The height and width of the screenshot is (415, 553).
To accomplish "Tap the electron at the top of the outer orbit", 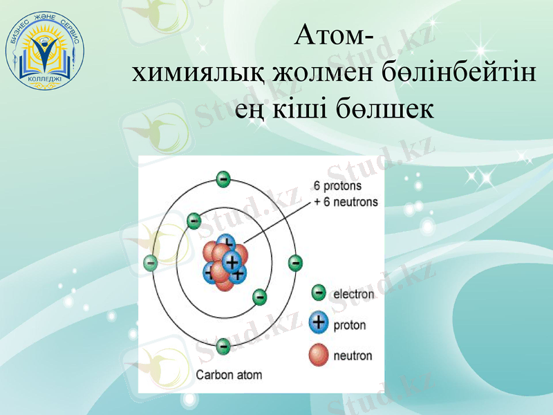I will pyautogui.click(x=223, y=179).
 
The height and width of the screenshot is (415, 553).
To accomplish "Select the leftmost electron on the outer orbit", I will pyautogui.click(x=150, y=263).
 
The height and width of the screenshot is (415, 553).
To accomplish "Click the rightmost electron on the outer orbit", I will pyautogui.click(x=295, y=263).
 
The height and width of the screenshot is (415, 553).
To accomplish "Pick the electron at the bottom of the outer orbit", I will pyautogui.click(x=223, y=346).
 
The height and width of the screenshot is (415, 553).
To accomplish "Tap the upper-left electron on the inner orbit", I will pyautogui.click(x=194, y=221).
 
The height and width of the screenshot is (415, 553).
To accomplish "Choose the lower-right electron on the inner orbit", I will pyautogui.click(x=259, y=297).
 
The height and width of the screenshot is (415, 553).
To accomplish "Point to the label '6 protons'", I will pyautogui.click(x=338, y=186).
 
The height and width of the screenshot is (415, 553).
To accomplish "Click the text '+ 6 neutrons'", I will pyautogui.click(x=346, y=202).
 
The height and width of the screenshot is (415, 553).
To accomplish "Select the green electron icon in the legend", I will pyautogui.click(x=319, y=293).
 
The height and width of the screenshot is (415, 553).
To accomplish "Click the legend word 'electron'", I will pyautogui.click(x=354, y=294).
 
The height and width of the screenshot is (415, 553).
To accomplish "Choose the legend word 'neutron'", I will pyautogui.click(x=353, y=356).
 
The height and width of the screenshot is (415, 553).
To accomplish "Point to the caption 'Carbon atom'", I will pyautogui.click(x=229, y=376).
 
